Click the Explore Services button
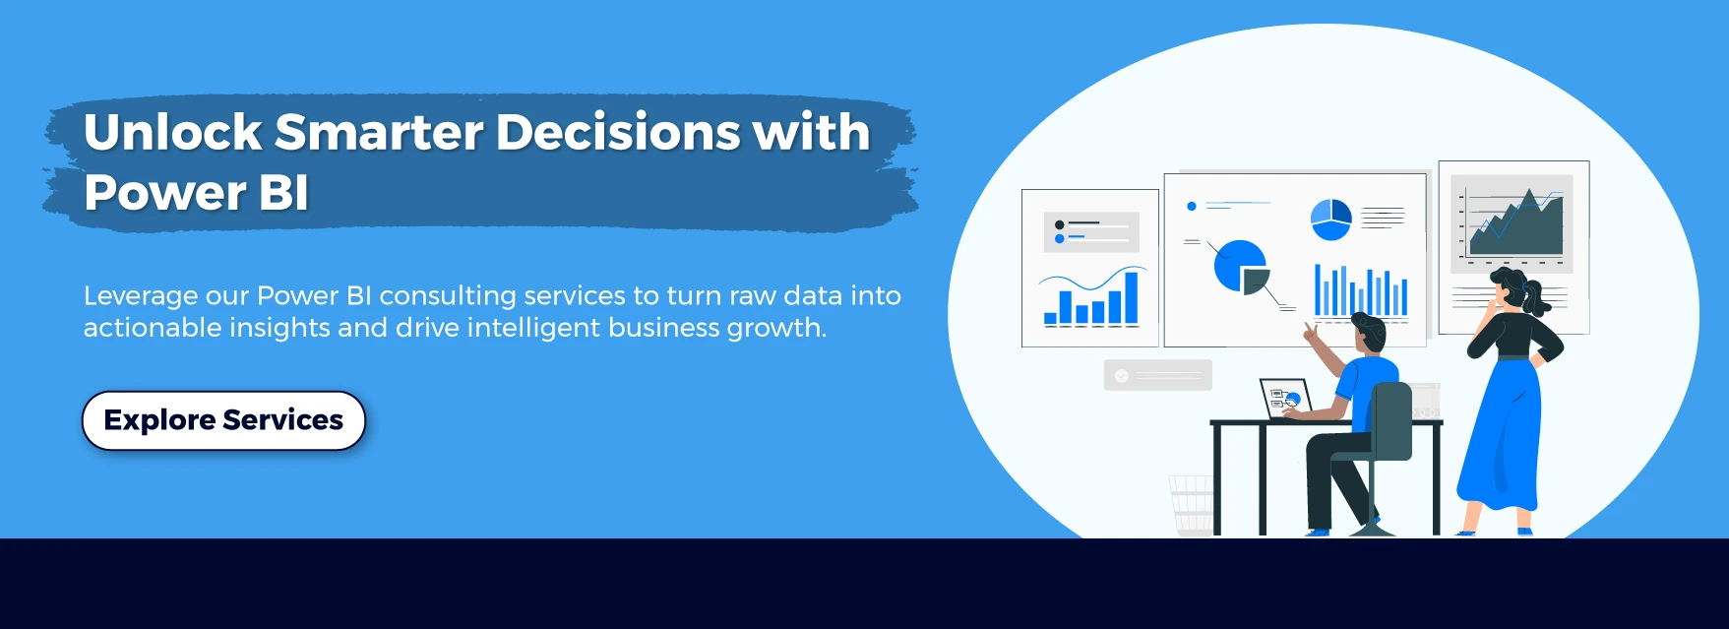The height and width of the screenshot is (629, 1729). pos(223,420)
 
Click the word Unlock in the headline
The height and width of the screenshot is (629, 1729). pos(173,132)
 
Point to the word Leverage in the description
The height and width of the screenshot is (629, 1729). pos(141,296)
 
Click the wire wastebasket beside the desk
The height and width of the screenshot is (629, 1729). pos(1192,506)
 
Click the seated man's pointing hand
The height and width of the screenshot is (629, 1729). pos(1312,332)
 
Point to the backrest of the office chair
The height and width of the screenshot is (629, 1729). pos(1392,420)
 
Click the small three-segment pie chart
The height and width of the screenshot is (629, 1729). pos(1330,220)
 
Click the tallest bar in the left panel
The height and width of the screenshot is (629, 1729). pos(1132,297)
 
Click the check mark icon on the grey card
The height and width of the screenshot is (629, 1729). pos(1121,376)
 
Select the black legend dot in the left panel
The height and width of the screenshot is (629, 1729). pos(1059,225)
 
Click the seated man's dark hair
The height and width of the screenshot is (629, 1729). pos(1370,329)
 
